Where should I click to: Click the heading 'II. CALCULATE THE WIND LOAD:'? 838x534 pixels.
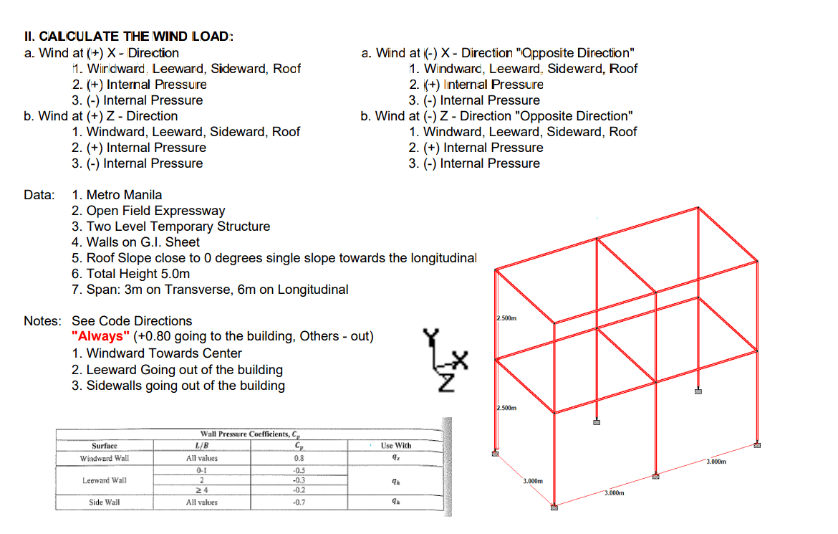pyautogui.click(x=128, y=37)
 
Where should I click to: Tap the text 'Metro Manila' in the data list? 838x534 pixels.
pyautogui.click(x=124, y=195)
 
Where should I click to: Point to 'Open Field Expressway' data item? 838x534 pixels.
pyautogui.click(x=155, y=211)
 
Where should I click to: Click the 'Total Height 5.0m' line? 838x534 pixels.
pyautogui.click(x=138, y=274)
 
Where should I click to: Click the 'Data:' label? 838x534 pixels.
pyautogui.click(x=39, y=195)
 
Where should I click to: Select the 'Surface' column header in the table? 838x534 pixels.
pyautogui.click(x=105, y=446)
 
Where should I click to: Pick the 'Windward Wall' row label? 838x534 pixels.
pyautogui.click(x=105, y=458)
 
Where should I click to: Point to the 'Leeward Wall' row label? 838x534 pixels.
pyautogui.click(x=105, y=480)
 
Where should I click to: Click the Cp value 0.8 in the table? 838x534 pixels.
pyautogui.click(x=299, y=458)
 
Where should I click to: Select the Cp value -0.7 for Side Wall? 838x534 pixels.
pyautogui.click(x=299, y=502)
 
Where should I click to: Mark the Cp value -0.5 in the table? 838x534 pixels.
pyautogui.click(x=299, y=470)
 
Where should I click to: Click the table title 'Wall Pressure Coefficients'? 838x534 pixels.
pyautogui.click(x=251, y=434)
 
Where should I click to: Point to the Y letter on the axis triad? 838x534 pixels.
pyautogui.click(x=430, y=337)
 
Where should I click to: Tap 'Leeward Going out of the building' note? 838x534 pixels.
pyautogui.click(x=184, y=370)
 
